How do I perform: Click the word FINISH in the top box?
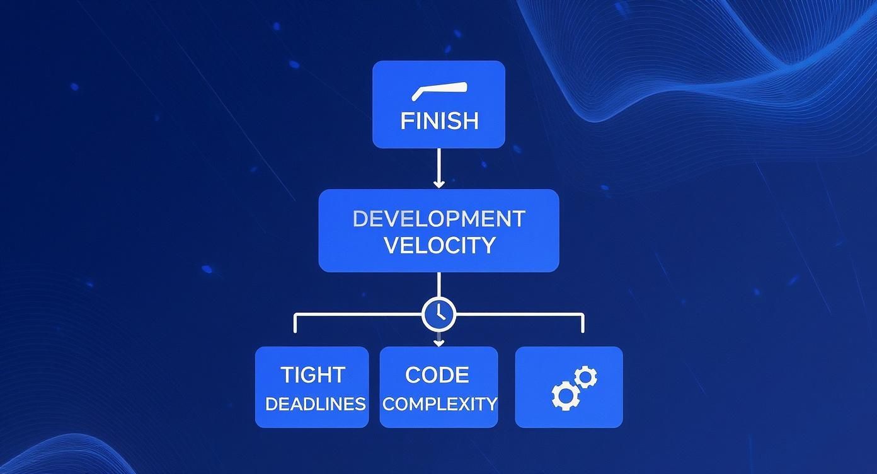[439, 120]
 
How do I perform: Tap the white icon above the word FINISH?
[439, 92]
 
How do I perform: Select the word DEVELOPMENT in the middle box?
[438, 219]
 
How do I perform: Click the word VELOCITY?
[438, 245]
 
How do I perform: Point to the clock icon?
[438, 313]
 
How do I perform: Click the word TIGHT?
[312, 375]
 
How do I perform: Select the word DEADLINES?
[315, 404]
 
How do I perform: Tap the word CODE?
[437, 375]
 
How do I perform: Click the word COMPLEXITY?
[439, 404]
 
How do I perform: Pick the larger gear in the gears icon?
[565, 396]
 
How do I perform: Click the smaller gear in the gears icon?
[586, 377]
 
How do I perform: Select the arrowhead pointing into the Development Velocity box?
[438, 183]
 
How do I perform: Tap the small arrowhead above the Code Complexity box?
[438, 343]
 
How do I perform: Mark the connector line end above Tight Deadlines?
[295, 329]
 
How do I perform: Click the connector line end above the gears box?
[582, 329]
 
